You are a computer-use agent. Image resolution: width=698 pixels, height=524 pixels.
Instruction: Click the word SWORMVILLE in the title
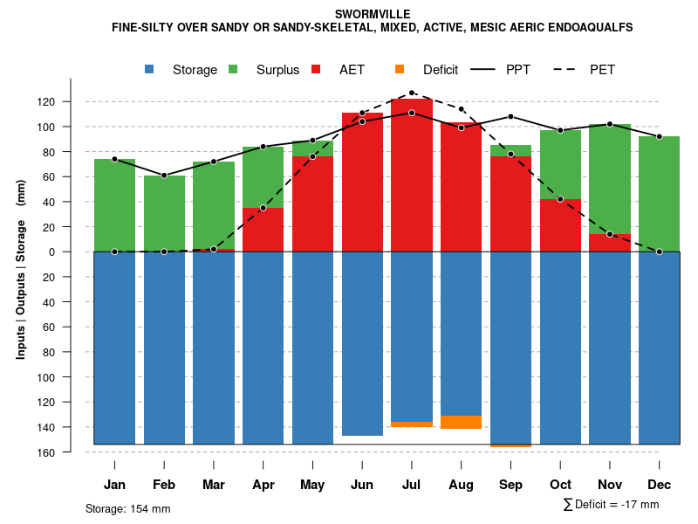point(373,14)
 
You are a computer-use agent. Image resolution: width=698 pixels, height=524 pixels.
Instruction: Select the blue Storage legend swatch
point(151,69)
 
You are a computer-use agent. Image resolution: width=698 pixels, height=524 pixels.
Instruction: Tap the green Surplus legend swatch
point(233,69)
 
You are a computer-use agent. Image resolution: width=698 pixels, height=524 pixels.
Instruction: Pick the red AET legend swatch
point(316,69)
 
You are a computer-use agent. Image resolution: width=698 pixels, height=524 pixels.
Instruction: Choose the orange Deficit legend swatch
point(400,69)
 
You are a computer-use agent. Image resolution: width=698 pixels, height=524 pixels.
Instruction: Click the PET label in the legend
point(602,70)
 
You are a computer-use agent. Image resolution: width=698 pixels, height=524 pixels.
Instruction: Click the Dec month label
point(659,485)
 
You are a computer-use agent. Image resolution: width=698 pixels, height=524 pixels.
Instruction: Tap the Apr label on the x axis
point(263,485)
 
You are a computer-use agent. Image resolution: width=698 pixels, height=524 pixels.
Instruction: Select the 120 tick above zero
point(71,102)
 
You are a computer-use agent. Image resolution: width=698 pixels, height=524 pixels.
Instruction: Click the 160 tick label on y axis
point(71,453)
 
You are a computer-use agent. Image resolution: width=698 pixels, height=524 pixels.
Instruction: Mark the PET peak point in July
point(411,93)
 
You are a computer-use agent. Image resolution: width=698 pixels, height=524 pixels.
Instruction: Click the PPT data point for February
point(164,176)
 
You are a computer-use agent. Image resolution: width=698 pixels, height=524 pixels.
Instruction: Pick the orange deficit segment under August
point(461,422)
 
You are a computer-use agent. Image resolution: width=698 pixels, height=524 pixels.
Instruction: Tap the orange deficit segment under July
point(411,424)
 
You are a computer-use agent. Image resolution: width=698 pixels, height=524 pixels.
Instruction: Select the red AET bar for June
point(362,183)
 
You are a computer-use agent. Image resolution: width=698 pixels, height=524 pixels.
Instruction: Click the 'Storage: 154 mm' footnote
point(127,509)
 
